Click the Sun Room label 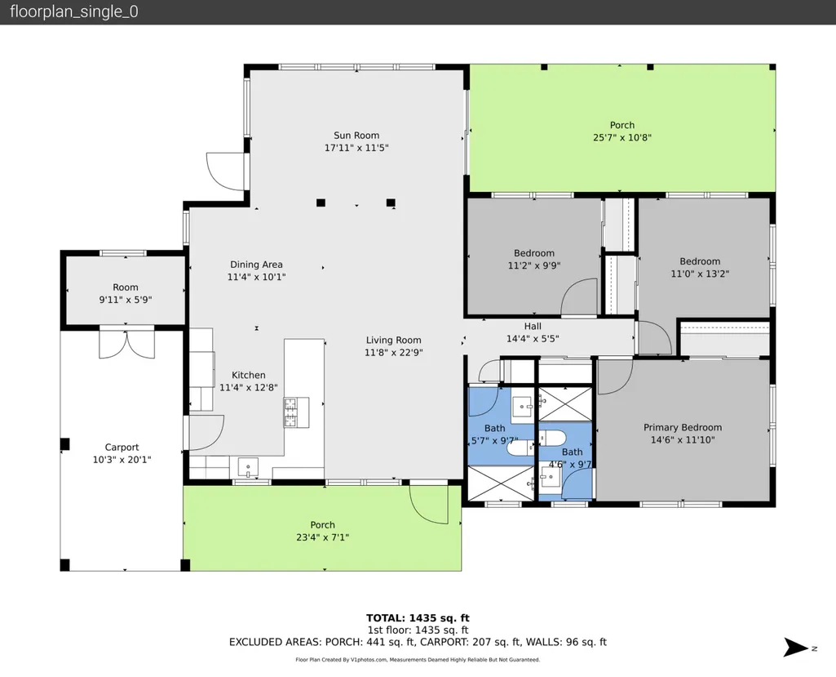click(x=356, y=136)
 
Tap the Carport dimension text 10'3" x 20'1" click(x=122, y=460)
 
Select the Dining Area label click(x=256, y=265)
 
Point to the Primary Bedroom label click(x=683, y=428)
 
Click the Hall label click(x=533, y=326)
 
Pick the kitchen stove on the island click(x=296, y=412)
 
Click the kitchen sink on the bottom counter click(x=248, y=467)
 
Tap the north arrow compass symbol click(x=796, y=648)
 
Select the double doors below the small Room click(x=127, y=344)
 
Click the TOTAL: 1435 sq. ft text click(x=418, y=618)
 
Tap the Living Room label click(x=393, y=340)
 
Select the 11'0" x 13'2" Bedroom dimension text click(x=700, y=274)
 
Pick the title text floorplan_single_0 click(x=74, y=11)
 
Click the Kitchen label click(x=249, y=376)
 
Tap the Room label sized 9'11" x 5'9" click(x=126, y=287)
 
